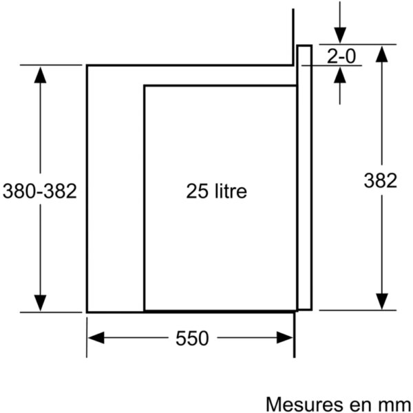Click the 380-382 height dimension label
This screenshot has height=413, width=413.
pyautogui.click(x=40, y=191)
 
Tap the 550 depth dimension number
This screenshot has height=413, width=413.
pyautogui.click(x=192, y=338)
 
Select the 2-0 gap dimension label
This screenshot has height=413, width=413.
pyautogui.click(x=341, y=56)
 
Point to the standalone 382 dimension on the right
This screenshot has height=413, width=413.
pyautogui.click(x=381, y=180)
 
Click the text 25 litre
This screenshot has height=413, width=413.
pyautogui.click(x=217, y=191)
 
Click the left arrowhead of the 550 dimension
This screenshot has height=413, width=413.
pyautogui.click(x=96, y=338)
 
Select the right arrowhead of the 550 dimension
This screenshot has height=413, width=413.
pyautogui.click(x=285, y=338)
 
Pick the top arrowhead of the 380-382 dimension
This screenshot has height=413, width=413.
pyautogui.click(x=40, y=75)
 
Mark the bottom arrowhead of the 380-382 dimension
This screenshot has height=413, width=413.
pyautogui.click(x=40, y=303)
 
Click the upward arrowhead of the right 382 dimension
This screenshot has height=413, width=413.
pyautogui.click(x=381, y=54)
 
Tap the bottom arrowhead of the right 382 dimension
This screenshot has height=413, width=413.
pyautogui.click(x=381, y=301)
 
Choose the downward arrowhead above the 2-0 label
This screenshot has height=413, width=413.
pyautogui.click(x=340, y=35)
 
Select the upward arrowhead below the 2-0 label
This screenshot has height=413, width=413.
pyautogui.click(x=340, y=75)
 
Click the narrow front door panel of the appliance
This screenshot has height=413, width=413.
pyautogui.click(x=305, y=178)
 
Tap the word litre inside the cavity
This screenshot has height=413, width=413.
pyautogui.click(x=231, y=191)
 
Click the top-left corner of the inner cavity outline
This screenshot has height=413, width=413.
pyautogui.click(x=145, y=85)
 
